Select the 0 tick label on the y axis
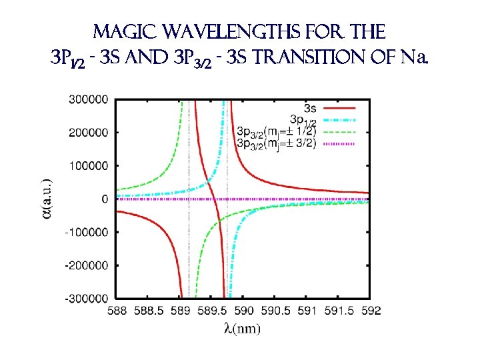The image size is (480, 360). click(105, 199)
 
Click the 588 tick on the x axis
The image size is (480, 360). click(117, 310)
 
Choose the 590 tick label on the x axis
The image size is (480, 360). click(244, 310)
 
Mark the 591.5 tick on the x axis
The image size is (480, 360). click(339, 310)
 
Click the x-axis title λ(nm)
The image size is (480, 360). click(242, 328)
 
